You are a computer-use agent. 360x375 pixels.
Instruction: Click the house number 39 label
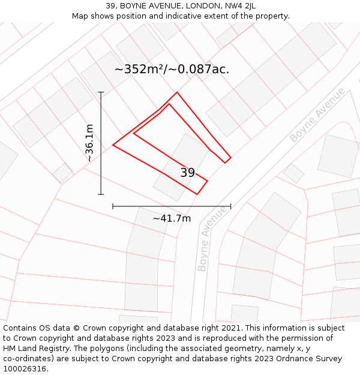pos(187,173)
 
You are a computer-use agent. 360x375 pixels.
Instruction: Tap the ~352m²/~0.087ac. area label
pos(172,70)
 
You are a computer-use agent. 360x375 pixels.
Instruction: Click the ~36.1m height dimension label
pos(89,143)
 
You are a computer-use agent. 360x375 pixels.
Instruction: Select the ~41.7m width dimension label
pos(172,218)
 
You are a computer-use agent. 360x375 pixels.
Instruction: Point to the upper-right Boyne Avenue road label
pos(317,115)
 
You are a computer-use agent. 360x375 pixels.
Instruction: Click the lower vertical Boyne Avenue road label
pos(212,239)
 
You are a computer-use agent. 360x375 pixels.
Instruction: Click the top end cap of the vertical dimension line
pos(101,92)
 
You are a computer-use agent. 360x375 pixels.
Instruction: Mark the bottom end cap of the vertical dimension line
pos(101,194)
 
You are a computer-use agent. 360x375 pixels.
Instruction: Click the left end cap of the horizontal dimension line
pos(113,206)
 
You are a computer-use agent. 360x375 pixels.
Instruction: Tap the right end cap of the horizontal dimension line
pos(230,206)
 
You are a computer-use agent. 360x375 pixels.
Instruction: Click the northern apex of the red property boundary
pos(177,92)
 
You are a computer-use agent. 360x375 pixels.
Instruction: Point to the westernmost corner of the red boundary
pos(113,145)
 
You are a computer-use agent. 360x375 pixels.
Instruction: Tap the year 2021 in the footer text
pos(231,328)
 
